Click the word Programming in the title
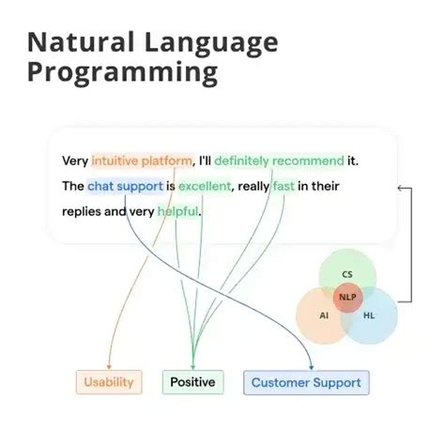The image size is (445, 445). tap(121, 72)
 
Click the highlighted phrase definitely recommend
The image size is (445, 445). tap(268, 161)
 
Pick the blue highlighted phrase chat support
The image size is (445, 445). tap(125, 186)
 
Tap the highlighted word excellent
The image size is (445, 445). tap(205, 186)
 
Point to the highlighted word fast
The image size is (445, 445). tap(283, 186)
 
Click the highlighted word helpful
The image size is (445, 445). tap(177, 211)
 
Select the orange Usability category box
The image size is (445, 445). tap(109, 382)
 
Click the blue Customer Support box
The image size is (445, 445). tap(306, 382)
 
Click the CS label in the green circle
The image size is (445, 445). tap(347, 274)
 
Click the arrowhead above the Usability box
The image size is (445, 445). tap(109, 365)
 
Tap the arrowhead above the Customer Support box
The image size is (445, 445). tap(311, 365)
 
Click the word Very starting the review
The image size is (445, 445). tap(75, 161)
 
